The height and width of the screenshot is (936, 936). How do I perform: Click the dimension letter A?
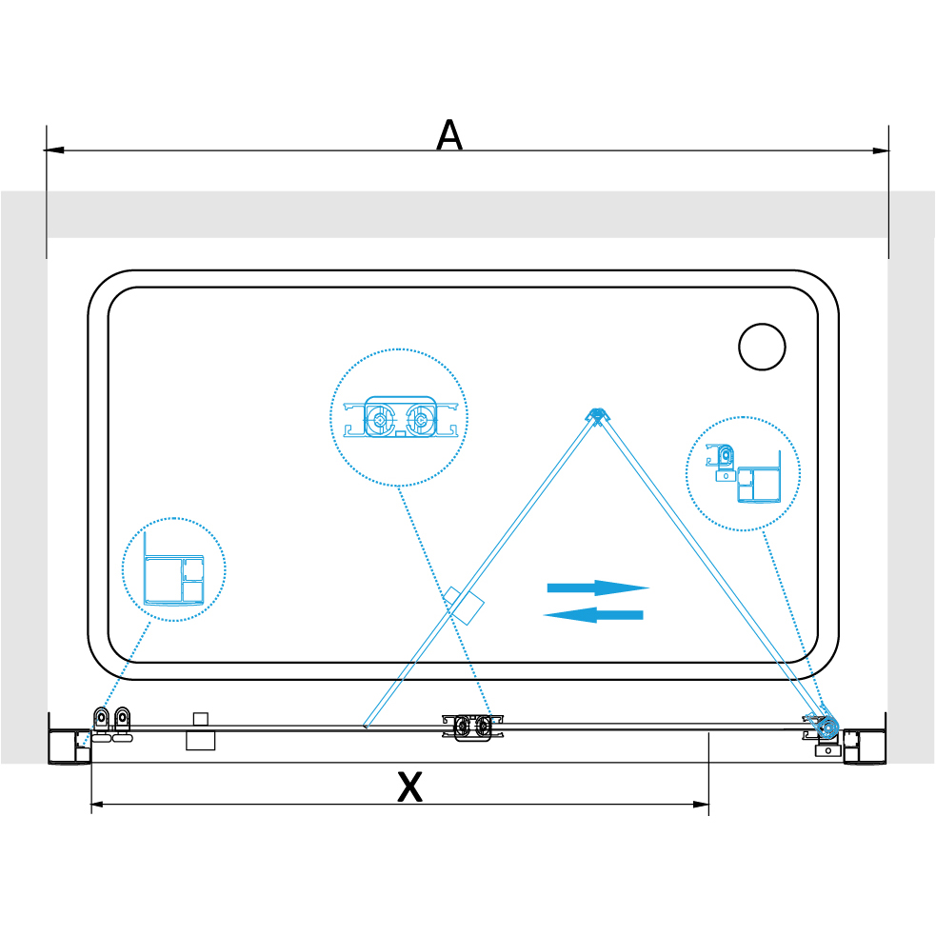pos(448,135)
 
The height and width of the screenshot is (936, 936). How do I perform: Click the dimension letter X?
pos(410,787)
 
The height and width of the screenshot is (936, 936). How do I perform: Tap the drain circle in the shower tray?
pos(762,347)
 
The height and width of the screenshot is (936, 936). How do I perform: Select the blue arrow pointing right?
pos(598,588)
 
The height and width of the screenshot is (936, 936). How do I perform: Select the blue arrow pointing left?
pos(593,615)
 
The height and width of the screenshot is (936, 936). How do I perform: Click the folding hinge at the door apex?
pos(596,415)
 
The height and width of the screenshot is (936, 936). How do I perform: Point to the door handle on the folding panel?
pos(463,606)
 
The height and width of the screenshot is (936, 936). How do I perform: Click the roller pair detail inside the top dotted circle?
pos(400,417)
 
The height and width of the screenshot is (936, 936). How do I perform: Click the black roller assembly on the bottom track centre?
pos(472,727)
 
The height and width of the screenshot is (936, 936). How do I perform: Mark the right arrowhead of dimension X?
pos(701,804)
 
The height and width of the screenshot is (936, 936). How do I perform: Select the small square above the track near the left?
pos(201,719)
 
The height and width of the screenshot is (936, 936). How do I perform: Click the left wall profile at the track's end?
pos(70,747)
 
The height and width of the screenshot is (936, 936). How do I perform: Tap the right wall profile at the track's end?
pos(865,747)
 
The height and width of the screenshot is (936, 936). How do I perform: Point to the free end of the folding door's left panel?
pos(366,726)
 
